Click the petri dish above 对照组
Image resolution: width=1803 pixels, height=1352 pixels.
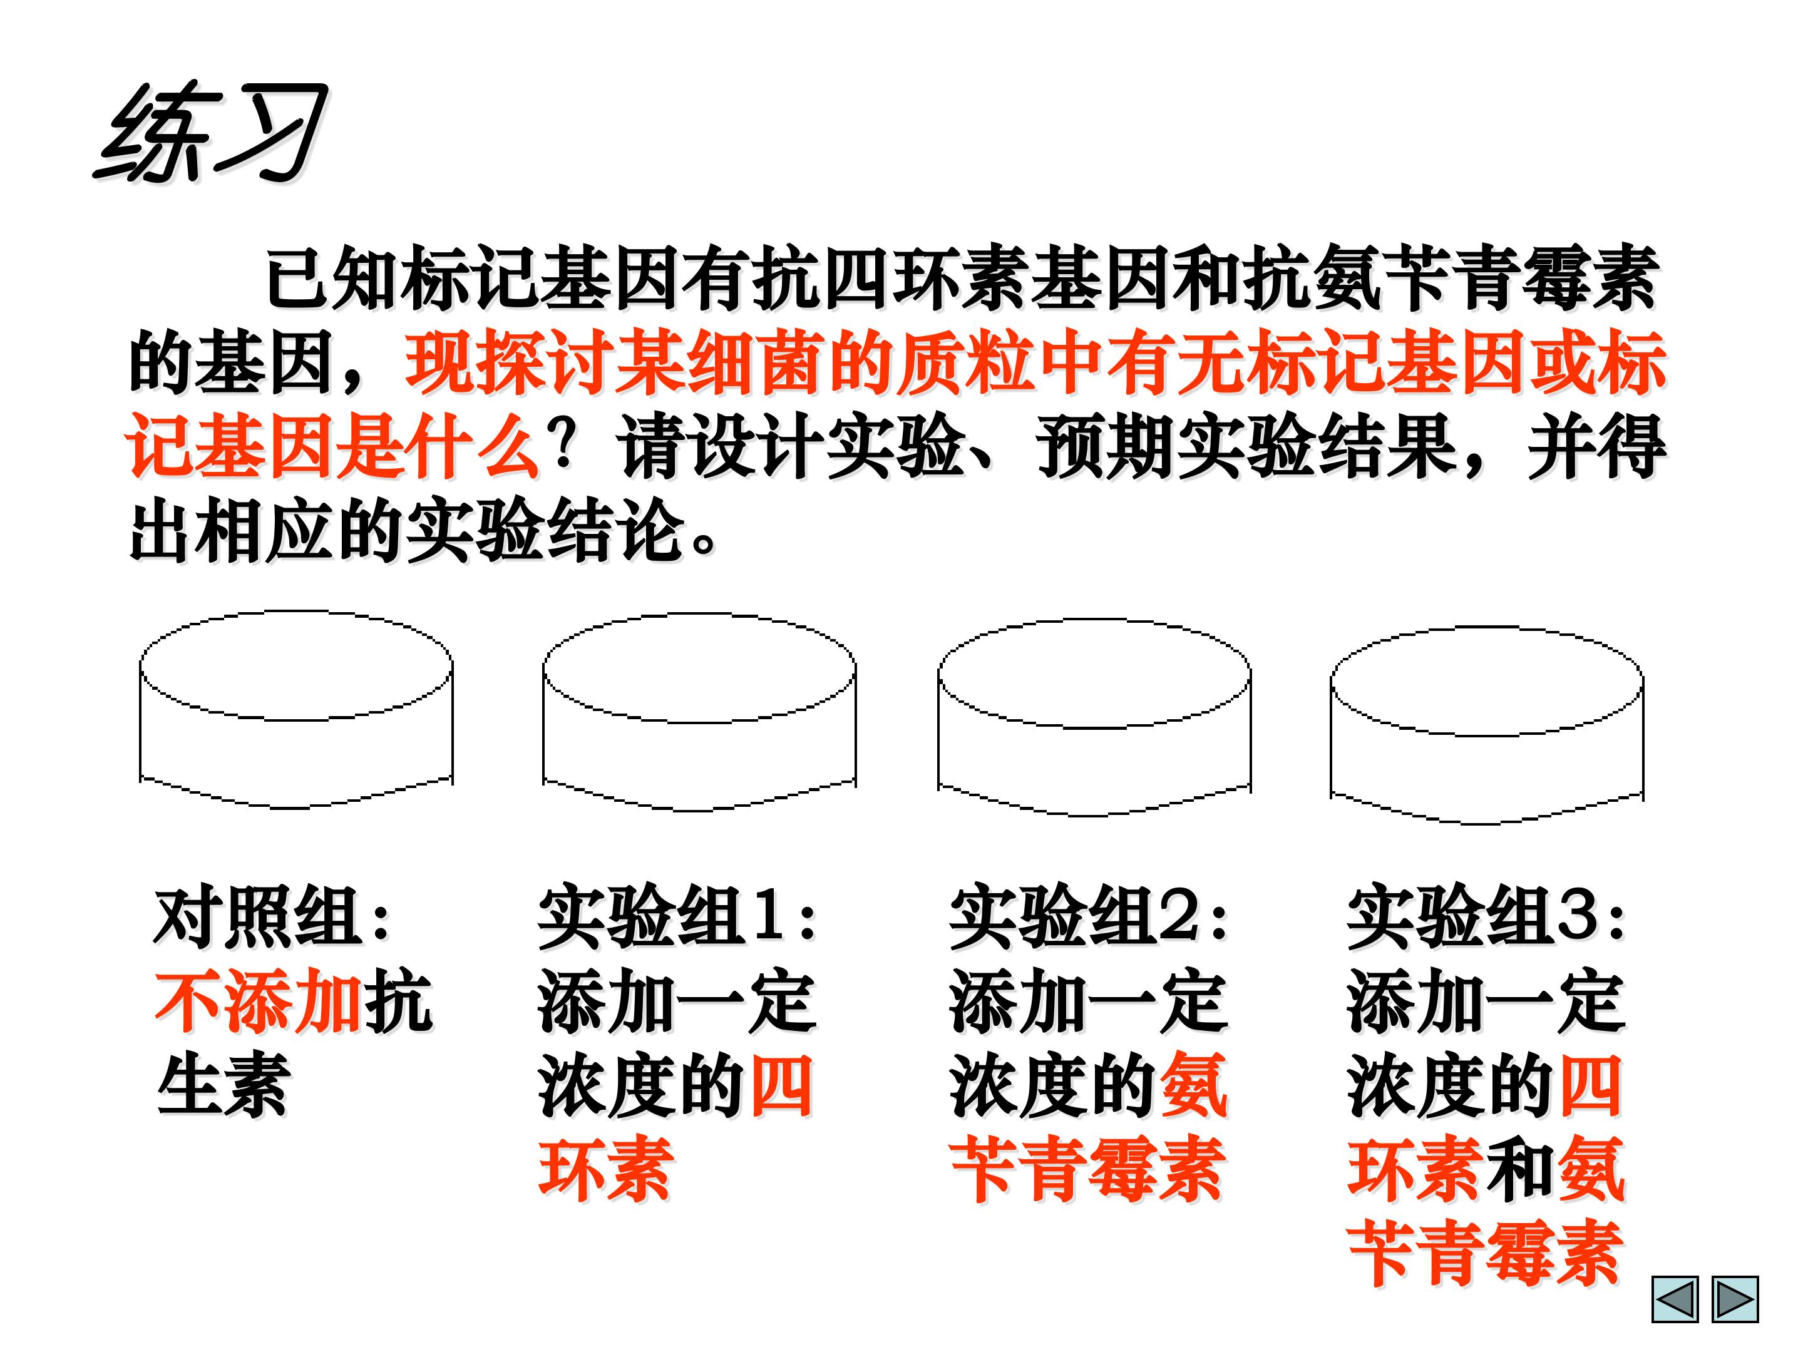click(x=296, y=710)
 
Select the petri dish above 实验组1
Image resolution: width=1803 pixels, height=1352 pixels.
click(x=699, y=712)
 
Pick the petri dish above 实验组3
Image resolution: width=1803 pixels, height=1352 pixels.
click(x=1487, y=725)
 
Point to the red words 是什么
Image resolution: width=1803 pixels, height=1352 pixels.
click(x=436, y=446)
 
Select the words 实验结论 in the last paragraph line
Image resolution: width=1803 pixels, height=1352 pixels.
click(x=545, y=531)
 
